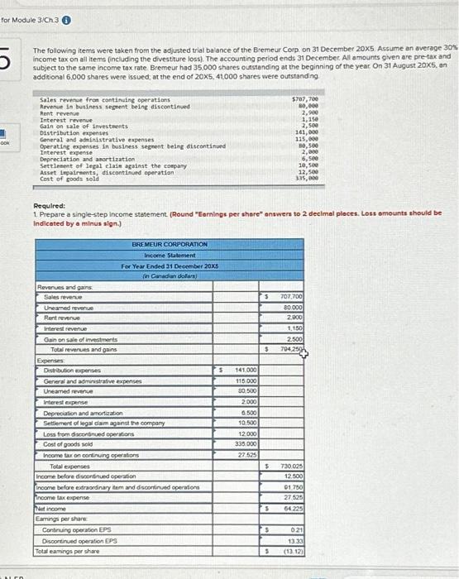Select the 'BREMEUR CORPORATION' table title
pos(168,244)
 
